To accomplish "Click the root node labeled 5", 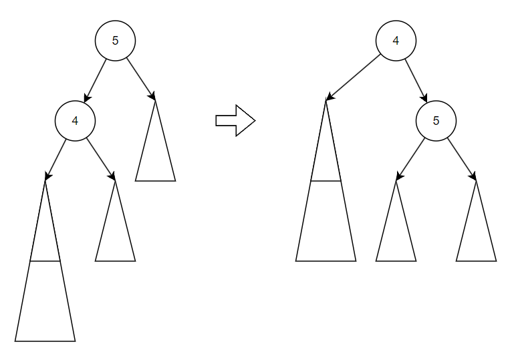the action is coord(115,41).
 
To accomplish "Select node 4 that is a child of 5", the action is coord(75,121).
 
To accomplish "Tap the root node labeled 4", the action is coord(396,41).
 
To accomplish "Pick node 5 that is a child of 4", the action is coord(436,121).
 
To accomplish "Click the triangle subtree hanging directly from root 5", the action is coord(155,154).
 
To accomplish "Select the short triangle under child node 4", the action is coord(115,234).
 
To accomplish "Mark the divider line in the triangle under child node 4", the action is coord(45,261).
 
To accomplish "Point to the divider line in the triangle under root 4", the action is coord(326,181).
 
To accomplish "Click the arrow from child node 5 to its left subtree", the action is coord(410,159).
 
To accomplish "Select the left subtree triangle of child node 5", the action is coord(396,234).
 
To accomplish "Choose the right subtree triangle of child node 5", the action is coord(476,234).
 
